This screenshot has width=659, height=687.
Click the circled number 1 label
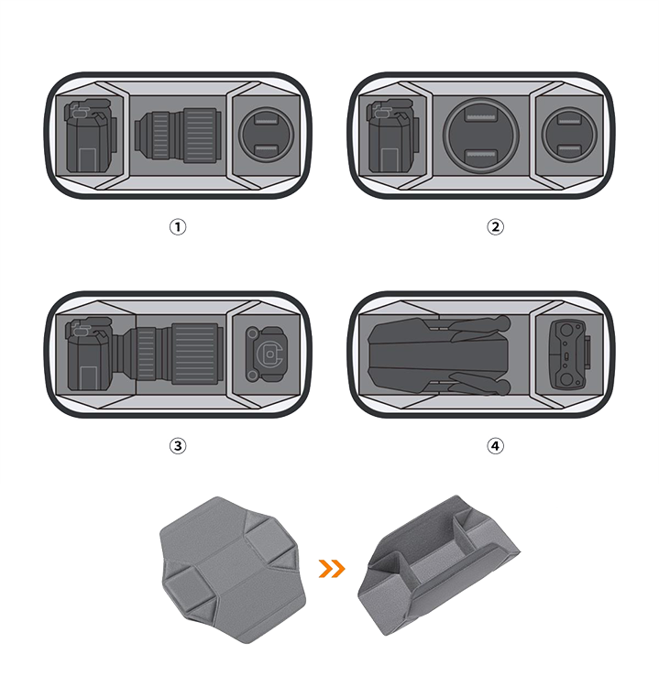point(178,227)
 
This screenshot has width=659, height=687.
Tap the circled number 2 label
point(496,227)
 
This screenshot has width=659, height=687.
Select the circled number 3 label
point(178,446)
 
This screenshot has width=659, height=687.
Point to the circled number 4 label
point(496,446)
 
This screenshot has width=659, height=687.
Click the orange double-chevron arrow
point(332,569)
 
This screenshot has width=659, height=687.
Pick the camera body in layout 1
point(92,136)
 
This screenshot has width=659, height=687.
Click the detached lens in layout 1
point(178,136)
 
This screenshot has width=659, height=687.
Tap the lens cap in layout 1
point(266,134)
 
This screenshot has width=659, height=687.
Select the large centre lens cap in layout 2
point(481,134)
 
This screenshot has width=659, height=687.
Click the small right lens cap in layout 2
point(569,134)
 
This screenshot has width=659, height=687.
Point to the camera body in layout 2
point(393,136)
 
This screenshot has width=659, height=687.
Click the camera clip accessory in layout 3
point(266,354)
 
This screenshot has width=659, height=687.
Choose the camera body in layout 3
point(92,354)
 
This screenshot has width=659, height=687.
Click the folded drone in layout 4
point(439,355)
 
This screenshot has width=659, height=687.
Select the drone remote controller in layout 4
point(569,354)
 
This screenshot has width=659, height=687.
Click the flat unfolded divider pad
point(233,570)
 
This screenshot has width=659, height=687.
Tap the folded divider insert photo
point(438,565)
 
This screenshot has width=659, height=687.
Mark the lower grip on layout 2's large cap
point(481,156)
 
